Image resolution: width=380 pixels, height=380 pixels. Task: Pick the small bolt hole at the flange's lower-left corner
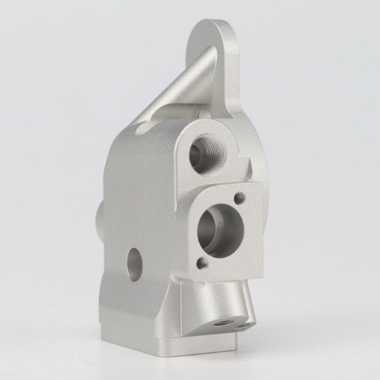click(202, 262)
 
